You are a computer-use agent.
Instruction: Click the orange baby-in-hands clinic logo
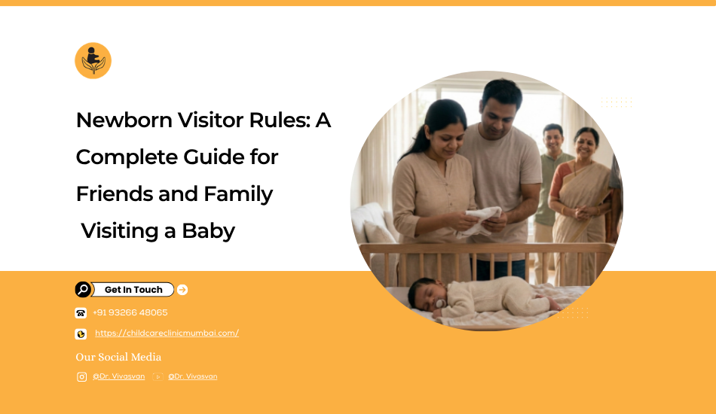(93, 61)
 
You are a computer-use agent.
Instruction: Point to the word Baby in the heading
(208, 231)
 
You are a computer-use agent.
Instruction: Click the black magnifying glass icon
(83, 290)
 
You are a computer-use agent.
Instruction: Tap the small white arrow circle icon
(182, 290)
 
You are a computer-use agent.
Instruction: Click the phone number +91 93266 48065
(130, 313)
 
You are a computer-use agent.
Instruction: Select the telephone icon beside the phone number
(81, 313)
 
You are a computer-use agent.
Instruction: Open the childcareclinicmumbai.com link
(167, 333)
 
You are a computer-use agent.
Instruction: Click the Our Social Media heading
(118, 357)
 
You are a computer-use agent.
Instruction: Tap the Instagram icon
(81, 376)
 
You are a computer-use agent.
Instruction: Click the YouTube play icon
(158, 376)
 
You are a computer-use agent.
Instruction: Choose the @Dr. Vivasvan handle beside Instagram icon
(119, 376)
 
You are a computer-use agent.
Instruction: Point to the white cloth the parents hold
(479, 221)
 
